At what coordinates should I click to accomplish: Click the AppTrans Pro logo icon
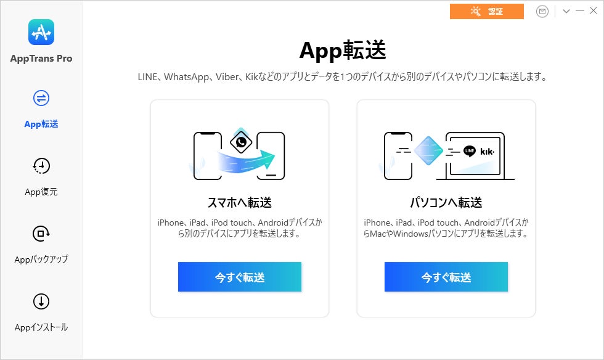tap(41, 32)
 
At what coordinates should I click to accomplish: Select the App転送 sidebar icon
tap(41, 98)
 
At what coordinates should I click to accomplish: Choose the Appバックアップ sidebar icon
tap(41, 234)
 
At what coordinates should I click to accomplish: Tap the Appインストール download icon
tap(41, 301)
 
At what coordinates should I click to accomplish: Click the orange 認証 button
tap(486, 11)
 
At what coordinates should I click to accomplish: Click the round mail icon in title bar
tap(542, 12)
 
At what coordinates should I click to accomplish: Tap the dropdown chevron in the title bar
tap(566, 11)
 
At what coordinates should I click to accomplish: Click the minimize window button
tap(580, 11)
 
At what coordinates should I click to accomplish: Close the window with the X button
tap(593, 11)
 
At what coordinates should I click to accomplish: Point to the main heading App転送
tap(343, 51)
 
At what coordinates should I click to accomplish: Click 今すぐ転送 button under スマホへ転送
tap(240, 277)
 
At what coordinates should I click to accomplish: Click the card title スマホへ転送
tap(240, 202)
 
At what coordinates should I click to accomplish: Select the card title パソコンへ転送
tap(446, 202)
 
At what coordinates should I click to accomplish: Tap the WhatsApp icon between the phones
tap(241, 142)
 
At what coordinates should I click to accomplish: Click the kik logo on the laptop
tap(487, 152)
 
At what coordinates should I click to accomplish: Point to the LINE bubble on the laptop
tap(470, 151)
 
